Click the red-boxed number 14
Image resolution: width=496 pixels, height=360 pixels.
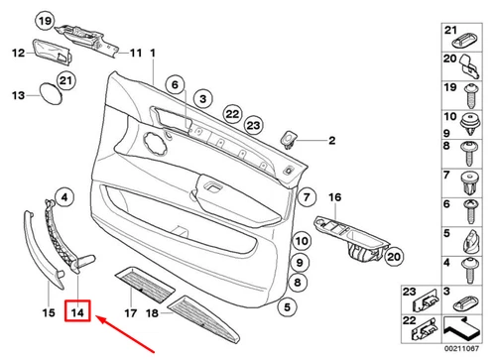(x=78, y=314)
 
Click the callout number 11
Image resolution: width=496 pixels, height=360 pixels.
(x=136, y=52)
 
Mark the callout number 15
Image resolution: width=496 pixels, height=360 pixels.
(x=47, y=314)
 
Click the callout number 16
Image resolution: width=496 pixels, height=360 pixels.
(x=334, y=199)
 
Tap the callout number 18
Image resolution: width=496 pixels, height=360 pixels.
(x=154, y=314)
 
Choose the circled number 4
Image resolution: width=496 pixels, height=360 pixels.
(x=62, y=200)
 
